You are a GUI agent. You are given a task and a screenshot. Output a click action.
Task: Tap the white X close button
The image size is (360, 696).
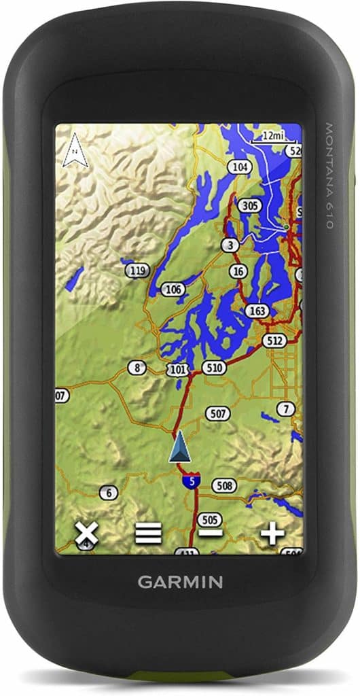[86, 534]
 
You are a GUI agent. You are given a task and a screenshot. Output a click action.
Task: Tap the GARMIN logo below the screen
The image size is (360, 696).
[180, 582]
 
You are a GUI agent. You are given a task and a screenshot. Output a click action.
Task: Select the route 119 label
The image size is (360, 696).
[138, 271]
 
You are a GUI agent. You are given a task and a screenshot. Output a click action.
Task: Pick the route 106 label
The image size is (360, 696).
[174, 290]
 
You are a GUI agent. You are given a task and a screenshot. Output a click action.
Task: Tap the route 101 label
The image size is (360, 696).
[179, 370]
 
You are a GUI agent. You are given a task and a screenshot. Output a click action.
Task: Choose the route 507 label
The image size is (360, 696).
[219, 413]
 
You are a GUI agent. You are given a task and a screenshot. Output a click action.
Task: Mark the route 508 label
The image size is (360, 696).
[223, 485]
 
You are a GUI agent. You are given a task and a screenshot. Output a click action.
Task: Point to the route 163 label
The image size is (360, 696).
[257, 311]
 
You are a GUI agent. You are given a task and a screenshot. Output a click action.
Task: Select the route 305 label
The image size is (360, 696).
[251, 205]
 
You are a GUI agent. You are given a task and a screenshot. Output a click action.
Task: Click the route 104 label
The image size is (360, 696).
[239, 167]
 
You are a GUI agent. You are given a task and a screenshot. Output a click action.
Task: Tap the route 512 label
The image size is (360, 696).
[275, 340]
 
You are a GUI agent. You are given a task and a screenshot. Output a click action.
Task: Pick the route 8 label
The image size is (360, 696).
[138, 368]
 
